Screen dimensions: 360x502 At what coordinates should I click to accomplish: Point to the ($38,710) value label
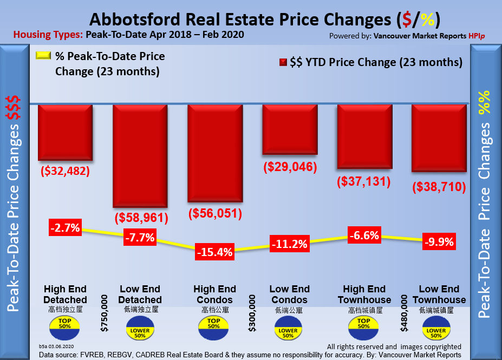coord(439,187)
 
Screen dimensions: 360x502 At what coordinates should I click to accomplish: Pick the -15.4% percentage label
coord(215,252)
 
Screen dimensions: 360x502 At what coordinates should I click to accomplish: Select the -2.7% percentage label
coord(65,227)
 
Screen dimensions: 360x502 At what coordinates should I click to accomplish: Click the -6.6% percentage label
coord(364,236)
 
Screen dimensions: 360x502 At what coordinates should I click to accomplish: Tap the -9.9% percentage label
coord(439,241)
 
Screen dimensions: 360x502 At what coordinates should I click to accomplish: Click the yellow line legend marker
coord(43,56)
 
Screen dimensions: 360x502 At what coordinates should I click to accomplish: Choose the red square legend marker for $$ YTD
coord(282,62)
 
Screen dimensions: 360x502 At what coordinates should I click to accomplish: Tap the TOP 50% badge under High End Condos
coord(214,323)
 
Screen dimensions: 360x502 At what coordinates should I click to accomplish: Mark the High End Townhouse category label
coord(364,294)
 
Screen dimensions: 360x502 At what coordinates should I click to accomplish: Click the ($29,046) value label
coord(290,167)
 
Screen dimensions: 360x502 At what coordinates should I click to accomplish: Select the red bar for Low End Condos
coord(289,129)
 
